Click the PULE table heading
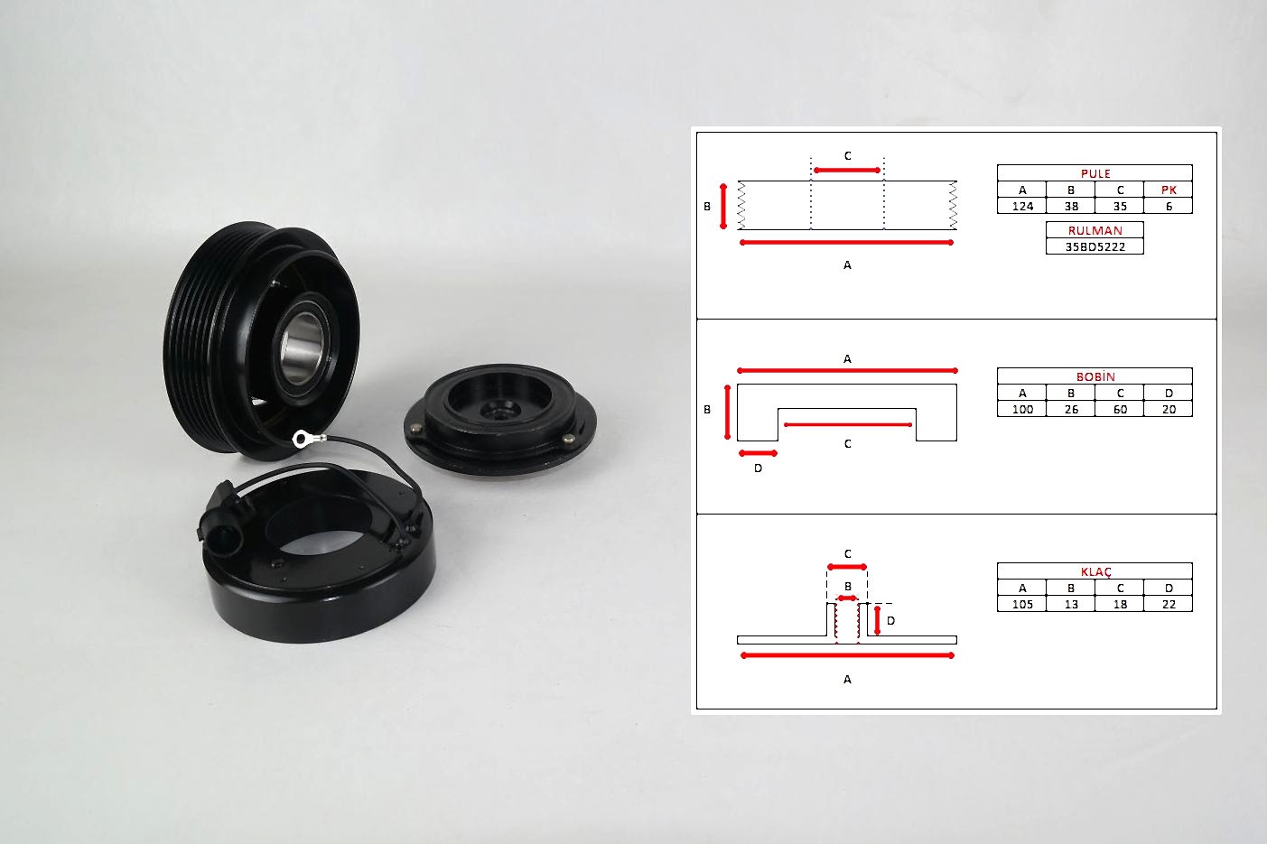[x=1095, y=173]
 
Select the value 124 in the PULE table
[x=1022, y=207]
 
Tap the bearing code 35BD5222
[x=1095, y=246]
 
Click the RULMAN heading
[x=1095, y=230]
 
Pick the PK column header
[x=1169, y=190]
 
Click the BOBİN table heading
[x=1095, y=376]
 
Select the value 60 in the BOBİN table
[x=1120, y=409]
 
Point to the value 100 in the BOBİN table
[x=1022, y=409]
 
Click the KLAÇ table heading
[x=1095, y=571]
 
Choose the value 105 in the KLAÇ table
[x=1022, y=604]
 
